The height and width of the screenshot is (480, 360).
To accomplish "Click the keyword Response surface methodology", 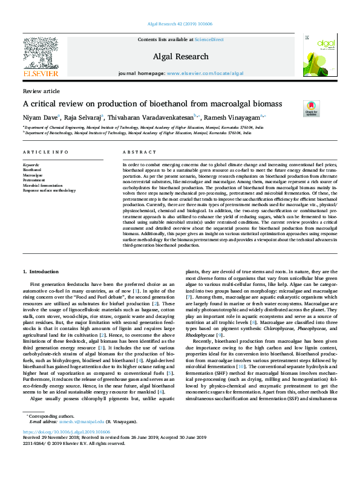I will coord(49,190).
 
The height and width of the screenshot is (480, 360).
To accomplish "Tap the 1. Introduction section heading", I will coord(41,272).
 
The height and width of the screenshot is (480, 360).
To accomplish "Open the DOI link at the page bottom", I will coord(67,449).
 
